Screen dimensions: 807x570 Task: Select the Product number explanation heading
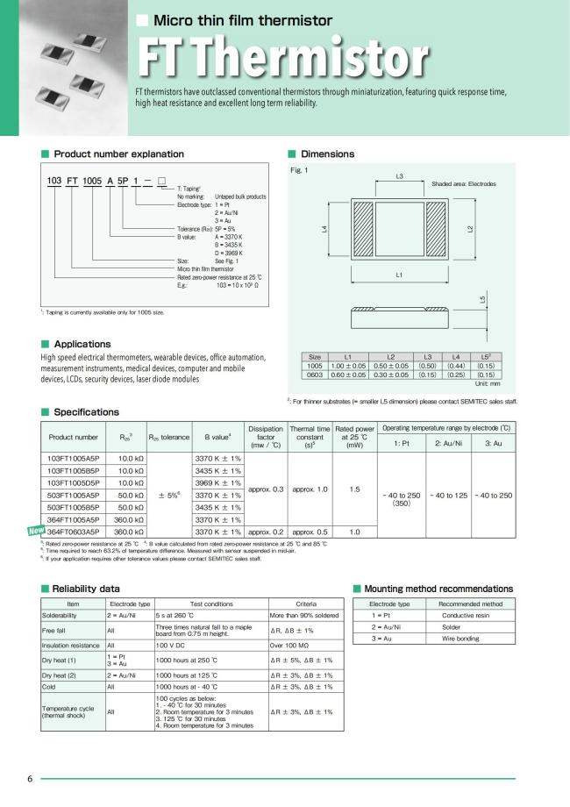(x=119, y=154)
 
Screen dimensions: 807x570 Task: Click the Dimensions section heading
(x=327, y=154)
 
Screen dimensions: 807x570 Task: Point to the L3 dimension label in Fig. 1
(x=399, y=177)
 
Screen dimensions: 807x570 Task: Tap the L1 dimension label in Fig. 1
(x=399, y=275)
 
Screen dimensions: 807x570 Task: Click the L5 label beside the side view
(x=482, y=300)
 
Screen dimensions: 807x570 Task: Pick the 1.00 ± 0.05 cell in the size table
(x=348, y=365)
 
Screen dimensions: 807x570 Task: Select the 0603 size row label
(x=315, y=374)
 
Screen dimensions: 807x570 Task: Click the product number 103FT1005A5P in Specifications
(x=74, y=458)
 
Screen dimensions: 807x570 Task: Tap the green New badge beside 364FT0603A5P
(x=36, y=530)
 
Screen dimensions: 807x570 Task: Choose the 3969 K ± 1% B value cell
(x=217, y=482)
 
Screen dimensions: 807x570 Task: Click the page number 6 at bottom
(x=30, y=779)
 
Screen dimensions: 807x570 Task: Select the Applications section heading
(x=82, y=344)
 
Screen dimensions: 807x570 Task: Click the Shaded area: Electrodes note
(x=464, y=184)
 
